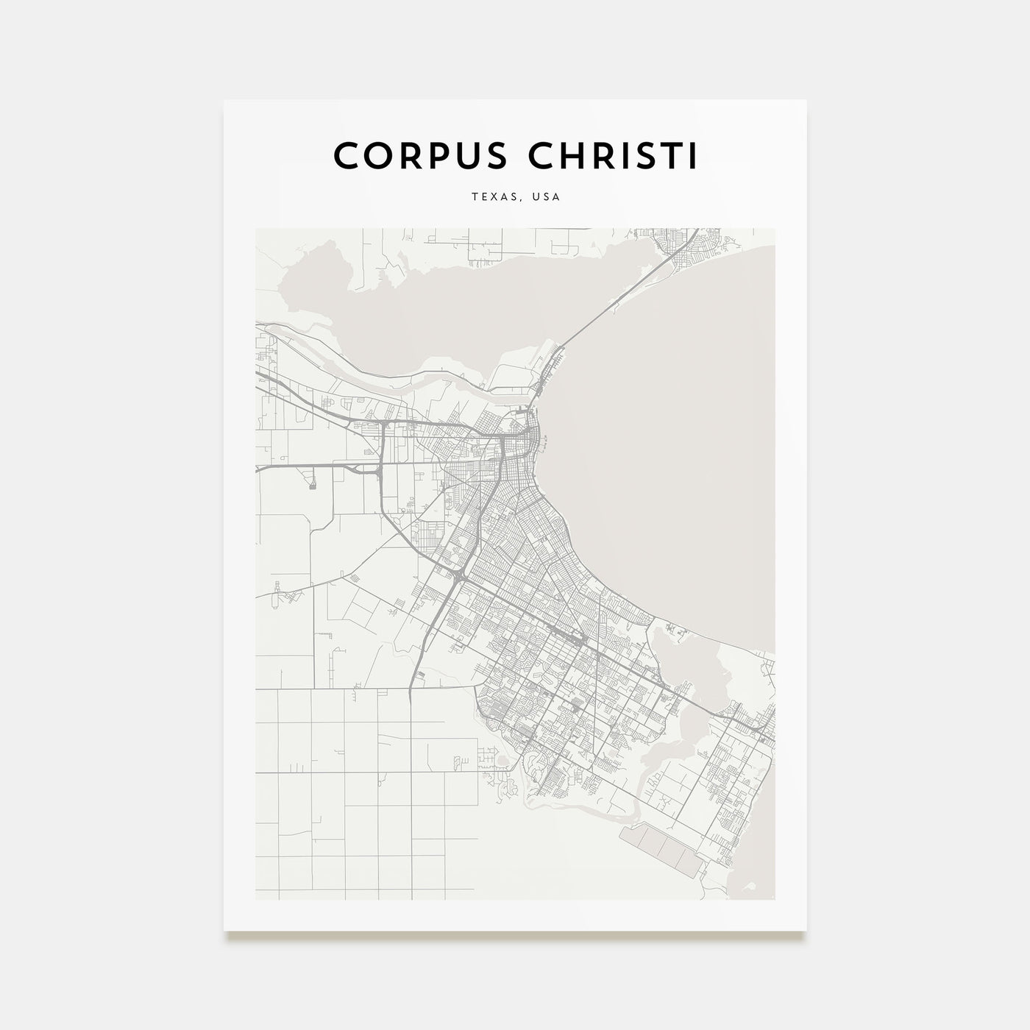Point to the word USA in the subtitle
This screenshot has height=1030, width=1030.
(x=547, y=197)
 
